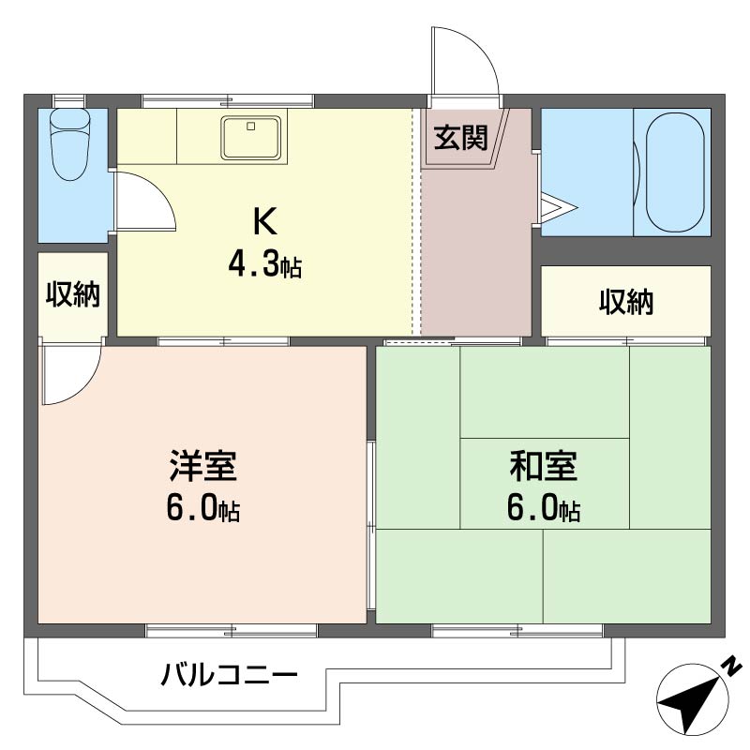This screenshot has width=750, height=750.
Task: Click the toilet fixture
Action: pyautogui.click(x=70, y=144)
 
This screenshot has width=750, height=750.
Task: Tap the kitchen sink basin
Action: pyautogui.click(x=250, y=138)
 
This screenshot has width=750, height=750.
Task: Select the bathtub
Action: pyautogui.click(x=674, y=172)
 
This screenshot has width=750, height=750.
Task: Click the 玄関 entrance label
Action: pyautogui.click(x=460, y=138)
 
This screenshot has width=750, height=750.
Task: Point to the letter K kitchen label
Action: pyautogui.click(x=265, y=221)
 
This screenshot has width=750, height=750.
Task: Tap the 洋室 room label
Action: pyautogui.click(x=202, y=465)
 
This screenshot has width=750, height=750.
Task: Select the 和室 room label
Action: pyautogui.click(x=544, y=465)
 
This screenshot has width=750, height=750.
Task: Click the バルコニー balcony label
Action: pyautogui.click(x=229, y=675)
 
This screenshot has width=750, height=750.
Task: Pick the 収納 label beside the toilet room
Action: pyautogui.click(x=73, y=294)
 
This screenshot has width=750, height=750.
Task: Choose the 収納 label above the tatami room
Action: pyautogui.click(x=626, y=302)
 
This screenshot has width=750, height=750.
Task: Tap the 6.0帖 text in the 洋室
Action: pyautogui.click(x=202, y=508)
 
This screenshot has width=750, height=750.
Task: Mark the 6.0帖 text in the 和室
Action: pyautogui.click(x=544, y=508)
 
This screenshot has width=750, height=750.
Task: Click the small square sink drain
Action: pyautogui.click(x=251, y=127)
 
